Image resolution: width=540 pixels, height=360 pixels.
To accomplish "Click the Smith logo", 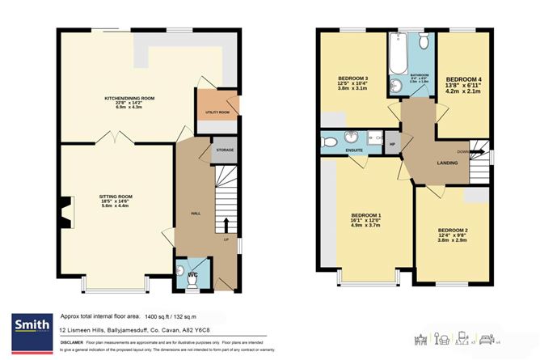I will coord(29,326).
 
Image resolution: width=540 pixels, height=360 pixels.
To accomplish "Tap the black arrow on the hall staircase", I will coord(226,224).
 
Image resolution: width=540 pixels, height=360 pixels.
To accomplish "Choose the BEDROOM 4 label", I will coord(464,70).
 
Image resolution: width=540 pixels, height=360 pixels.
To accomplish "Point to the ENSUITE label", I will coord(352,151).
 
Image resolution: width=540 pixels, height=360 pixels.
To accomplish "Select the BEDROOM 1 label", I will coord(368,214).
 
